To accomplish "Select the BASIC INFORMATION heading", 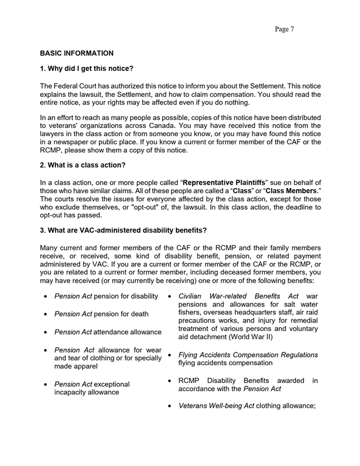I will pos(77,53).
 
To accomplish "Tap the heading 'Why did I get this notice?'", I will pos(87,69).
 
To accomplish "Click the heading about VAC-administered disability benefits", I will pos(123,231).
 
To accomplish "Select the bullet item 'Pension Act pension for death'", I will pos(101,314).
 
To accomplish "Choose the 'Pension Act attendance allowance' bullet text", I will pos(108,332).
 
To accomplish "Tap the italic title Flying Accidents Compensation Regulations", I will pos(248,355).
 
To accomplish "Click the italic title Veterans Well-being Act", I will pos(216,406).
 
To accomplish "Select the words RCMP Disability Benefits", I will pos(226,381).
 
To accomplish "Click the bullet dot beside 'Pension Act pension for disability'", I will pos(46,296).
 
